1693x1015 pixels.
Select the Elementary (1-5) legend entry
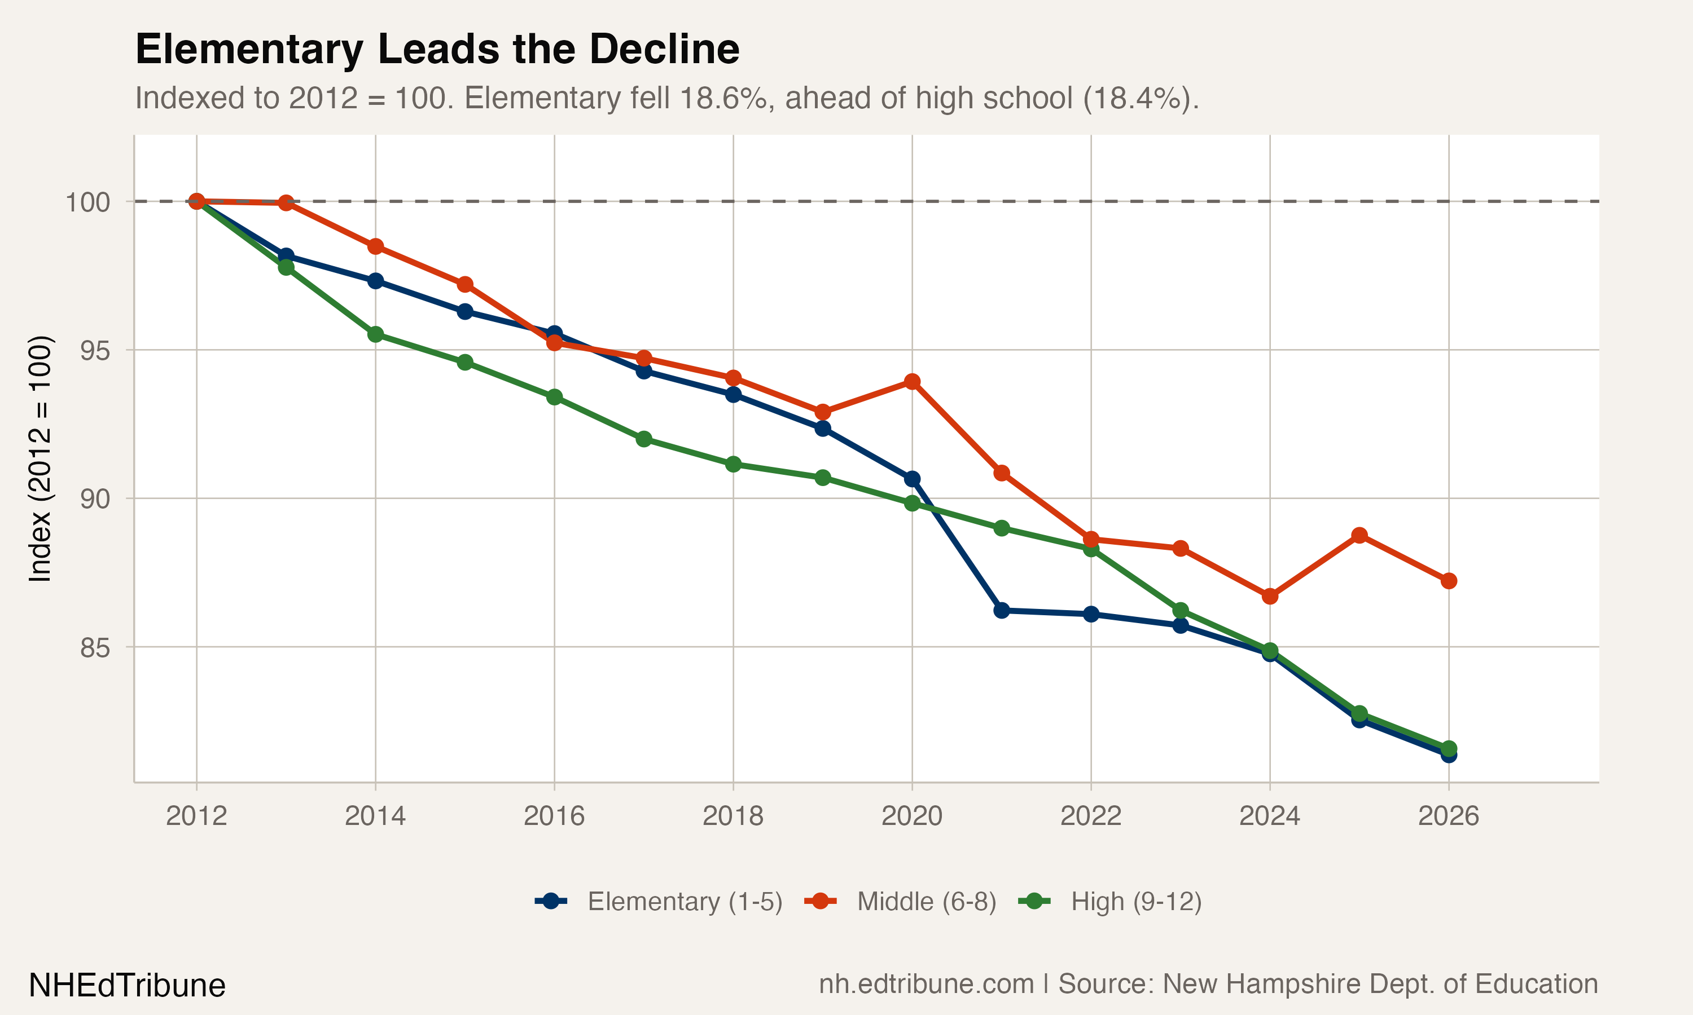click(x=685, y=902)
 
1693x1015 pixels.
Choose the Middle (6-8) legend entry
click(x=926, y=902)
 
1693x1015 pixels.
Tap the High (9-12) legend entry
click(x=1136, y=902)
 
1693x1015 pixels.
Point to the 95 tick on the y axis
click(x=94, y=350)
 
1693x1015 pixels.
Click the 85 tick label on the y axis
click(x=94, y=647)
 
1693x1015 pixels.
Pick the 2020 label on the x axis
click(x=911, y=816)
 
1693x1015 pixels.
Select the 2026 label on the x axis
click(x=1448, y=816)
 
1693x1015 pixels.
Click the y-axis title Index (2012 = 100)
click(x=40, y=458)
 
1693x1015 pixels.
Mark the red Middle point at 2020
click(x=912, y=382)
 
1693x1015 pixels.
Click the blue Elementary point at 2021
click(x=1001, y=610)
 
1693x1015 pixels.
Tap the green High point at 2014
click(x=376, y=334)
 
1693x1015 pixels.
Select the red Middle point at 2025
click(x=1359, y=536)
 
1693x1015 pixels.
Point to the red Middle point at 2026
click(x=1449, y=581)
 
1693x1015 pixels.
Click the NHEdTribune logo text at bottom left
click(x=128, y=986)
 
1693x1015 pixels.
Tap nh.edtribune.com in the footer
click(x=926, y=984)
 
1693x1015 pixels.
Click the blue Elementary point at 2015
click(x=464, y=312)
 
